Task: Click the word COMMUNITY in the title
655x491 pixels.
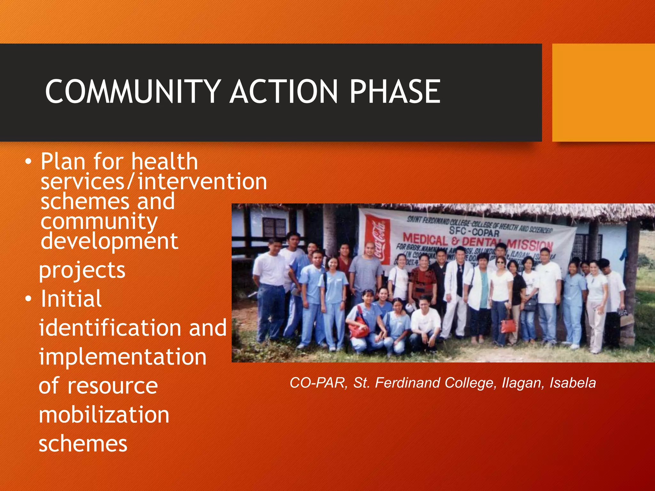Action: click(x=133, y=92)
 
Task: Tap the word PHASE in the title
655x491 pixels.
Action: click(x=395, y=92)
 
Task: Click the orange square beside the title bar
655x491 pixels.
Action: click(x=603, y=92)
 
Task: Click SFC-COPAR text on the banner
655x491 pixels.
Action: click(x=474, y=231)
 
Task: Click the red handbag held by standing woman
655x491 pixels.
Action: click(x=508, y=326)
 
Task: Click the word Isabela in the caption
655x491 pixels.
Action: click(x=572, y=383)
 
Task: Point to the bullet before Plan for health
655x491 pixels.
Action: click(x=28, y=162)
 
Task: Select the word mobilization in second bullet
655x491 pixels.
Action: click(x=104, y=415)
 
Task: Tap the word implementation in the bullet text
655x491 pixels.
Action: click(x=122, y=357)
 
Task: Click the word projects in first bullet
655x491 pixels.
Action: click(x=82, y=270)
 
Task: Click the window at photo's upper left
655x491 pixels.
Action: click(x=274, y=227)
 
